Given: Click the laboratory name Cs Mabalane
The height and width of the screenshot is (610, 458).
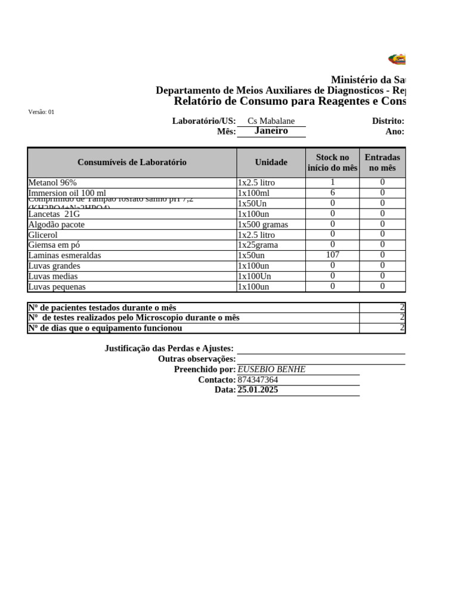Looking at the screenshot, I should click(x=271, y=121).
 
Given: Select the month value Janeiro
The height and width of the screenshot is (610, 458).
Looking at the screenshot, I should click(x=271, y=131).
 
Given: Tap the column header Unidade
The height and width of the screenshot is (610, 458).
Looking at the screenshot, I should click(x=271, y=162).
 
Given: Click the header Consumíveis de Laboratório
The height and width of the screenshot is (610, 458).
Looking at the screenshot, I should click(x=132, y=162).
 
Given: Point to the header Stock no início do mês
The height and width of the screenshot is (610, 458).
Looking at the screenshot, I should click(x=332, y=162).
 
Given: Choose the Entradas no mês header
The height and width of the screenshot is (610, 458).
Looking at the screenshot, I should click(x=382, y=162).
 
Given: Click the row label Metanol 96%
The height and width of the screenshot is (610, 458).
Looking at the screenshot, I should click(x=52, y=183).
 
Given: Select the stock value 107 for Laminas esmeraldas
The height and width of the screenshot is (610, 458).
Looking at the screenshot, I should click(x=332, y=255).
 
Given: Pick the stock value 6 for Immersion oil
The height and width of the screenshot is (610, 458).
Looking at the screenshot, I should click(x=332, y=193).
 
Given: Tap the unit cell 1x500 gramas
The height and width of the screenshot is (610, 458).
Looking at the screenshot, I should click(x=262, y=225).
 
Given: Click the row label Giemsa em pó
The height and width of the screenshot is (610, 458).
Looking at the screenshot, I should click(x=54, y=245).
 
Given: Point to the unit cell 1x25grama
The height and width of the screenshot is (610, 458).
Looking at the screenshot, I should click(x=258, y=245).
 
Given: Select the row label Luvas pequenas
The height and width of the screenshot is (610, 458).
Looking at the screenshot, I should click(x=57, y=287).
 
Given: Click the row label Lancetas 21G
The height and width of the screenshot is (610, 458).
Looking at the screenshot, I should click(x=54, y=214).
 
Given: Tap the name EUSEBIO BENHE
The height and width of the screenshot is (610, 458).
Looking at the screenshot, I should click(x=271, y=369).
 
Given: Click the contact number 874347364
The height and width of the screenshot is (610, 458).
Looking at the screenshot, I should click(x=258, y=379).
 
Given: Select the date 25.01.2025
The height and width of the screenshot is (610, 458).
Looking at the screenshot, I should click(x=258, y=390).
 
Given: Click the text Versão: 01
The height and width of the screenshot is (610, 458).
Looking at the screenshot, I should click(x=41, y=111).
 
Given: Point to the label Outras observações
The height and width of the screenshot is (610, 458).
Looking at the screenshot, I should click(x=197, y=359).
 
